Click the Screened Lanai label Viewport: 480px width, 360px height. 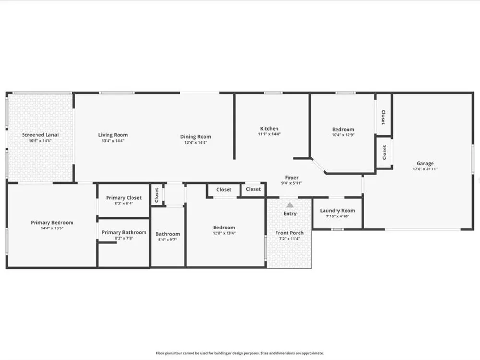coord(40,135)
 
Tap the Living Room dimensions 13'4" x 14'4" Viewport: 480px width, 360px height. coord(113,141)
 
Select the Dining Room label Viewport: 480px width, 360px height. coord(196,136)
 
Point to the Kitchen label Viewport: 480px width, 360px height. coord(269,129)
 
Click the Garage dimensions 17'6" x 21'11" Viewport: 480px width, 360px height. coord(425,169)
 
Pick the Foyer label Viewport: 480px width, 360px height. coord(291,178)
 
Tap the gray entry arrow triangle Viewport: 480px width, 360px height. coord(290,205)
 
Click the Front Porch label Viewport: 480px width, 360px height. coord(289,233)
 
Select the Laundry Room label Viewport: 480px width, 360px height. coord(337,211)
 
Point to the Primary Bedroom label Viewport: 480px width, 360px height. coord(52,223)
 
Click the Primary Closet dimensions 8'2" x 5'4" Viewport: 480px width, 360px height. coord(124,204)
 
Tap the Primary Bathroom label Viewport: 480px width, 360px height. coord(124,232)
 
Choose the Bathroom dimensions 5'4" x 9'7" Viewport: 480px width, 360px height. coord(168,240)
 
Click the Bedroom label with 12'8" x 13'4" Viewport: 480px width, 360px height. coord(224,228)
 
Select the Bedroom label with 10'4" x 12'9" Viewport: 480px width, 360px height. coord(343,129)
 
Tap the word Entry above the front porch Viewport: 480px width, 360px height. coord(290,214)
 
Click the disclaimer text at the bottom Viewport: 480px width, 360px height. coord(240,353)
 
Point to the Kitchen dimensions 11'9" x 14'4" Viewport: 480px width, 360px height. coord(269,134)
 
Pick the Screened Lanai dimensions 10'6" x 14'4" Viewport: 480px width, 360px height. coord(40,141)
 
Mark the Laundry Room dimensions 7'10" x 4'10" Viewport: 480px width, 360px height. coord(337,216)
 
